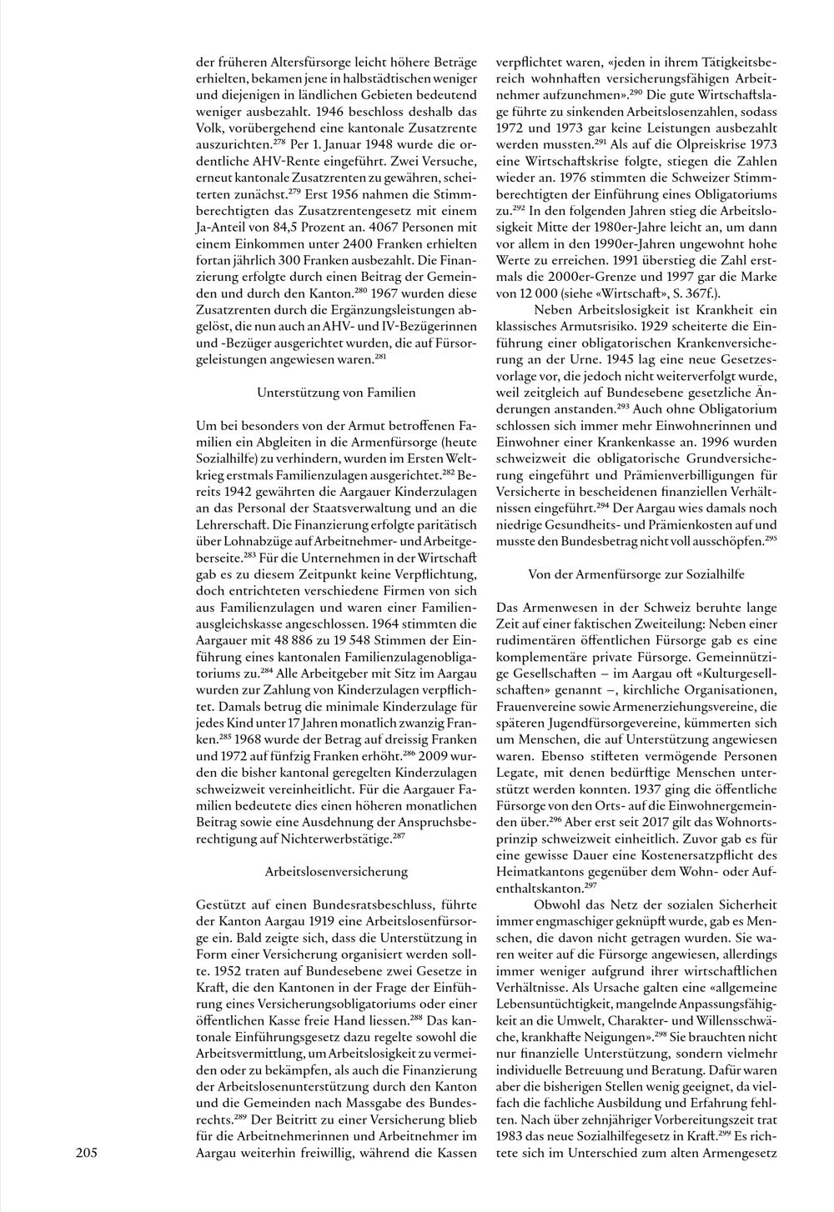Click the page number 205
[87, 1154]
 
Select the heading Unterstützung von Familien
[336, 391]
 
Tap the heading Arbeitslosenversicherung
[336, 871]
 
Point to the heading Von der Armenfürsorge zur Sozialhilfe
[636, 574]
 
